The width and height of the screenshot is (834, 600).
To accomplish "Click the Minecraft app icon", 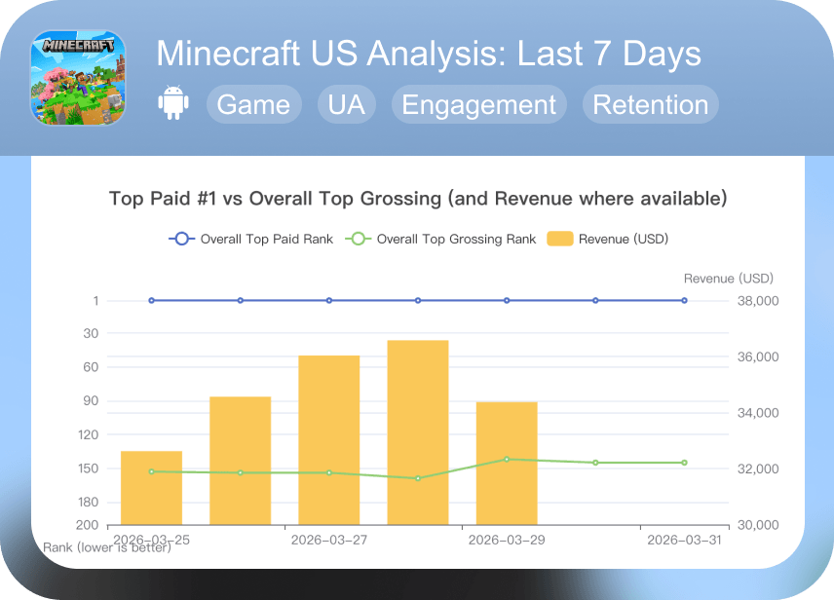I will [79, 78].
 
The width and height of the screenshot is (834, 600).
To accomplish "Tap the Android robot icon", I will [173, 104].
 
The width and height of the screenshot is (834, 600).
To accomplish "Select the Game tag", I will [253, 105].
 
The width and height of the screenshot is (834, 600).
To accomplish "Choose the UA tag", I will [347, 105].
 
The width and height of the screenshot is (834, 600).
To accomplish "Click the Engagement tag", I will [478, 105].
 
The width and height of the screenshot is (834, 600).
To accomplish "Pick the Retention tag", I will [650, 105].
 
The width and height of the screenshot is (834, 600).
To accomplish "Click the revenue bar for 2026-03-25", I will [151, 487].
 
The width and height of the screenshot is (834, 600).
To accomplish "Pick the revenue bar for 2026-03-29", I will [507, 463].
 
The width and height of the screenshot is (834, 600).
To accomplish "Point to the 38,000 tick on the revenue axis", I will [756, 301].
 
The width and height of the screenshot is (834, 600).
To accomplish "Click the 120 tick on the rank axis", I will [88, 434].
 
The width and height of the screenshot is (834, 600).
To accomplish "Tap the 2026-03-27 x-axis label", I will [329, 540].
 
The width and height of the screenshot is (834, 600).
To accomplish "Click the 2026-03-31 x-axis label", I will [684, 540].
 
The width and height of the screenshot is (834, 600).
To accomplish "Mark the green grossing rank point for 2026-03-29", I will [507, 459].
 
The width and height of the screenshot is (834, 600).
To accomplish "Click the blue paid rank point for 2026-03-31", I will [684, 301].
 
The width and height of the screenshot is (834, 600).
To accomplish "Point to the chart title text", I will [418, 199].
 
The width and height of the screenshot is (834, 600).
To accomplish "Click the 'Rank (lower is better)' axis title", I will [107, 547].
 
